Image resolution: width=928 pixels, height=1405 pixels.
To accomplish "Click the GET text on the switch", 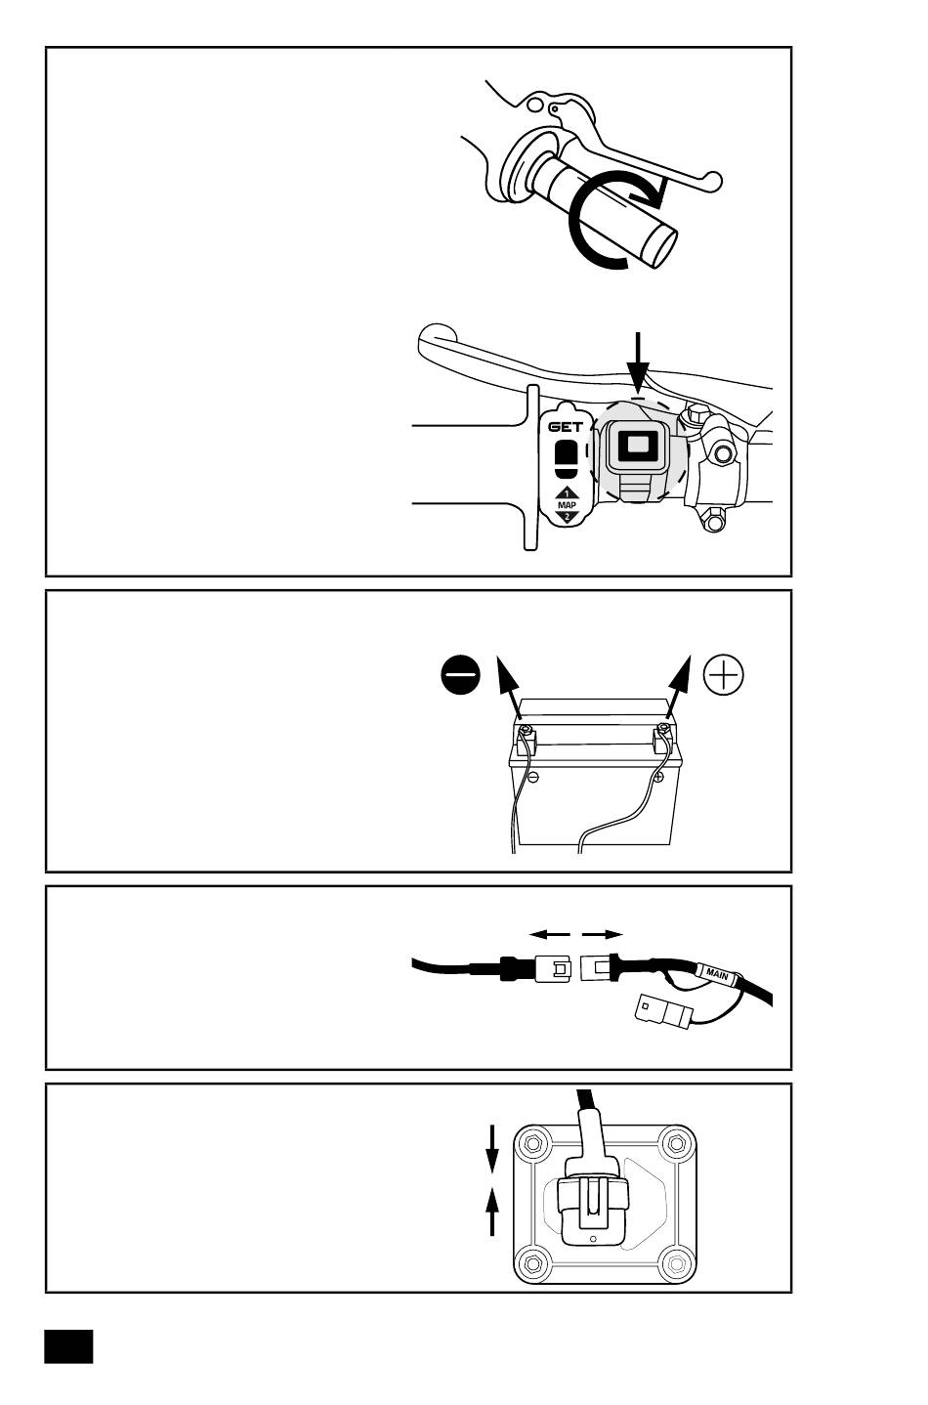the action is click(x=566, y=427).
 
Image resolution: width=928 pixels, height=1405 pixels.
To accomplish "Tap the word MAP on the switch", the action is click(x=567, y=504).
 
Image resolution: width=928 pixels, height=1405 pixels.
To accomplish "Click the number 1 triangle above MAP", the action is click(x=567, y=493).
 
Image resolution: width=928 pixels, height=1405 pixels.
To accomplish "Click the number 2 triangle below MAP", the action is click(x=567, y=516).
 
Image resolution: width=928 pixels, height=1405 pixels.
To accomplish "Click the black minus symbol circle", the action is click(x=460, y=675).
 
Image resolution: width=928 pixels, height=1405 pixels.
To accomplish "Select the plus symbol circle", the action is click(x=724, y=675).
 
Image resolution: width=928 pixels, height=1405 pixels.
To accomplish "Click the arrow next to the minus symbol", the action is click(x=509, y=688).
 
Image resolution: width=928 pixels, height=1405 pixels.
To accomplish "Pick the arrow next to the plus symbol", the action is click(x=677, y=688).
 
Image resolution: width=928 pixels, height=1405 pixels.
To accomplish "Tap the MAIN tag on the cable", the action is click(x=717, y=973).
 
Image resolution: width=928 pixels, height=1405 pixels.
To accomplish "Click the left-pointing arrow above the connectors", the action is click(x=550, y=934).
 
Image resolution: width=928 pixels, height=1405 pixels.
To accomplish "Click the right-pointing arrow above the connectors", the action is click(x=603, y=934).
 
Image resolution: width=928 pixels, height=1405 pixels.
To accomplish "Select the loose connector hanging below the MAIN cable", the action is click(x=662, y=1010).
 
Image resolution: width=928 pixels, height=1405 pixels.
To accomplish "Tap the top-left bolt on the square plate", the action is click(x=533, y=1143).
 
